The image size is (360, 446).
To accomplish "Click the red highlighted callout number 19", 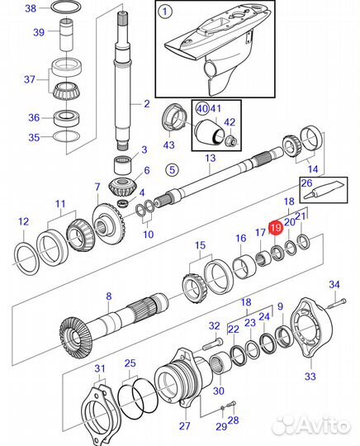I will pos(277,225).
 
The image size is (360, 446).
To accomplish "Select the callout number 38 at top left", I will pos(31,10).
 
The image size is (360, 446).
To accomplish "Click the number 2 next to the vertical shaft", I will pos(146,104).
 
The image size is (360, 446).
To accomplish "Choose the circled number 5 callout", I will pos(172,170).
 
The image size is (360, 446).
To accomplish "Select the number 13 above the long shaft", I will pos(210,158).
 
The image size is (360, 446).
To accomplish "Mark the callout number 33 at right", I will pos(310,376).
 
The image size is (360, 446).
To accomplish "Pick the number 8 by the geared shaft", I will pos(107,296).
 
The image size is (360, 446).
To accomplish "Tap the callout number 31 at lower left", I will pos(99,368).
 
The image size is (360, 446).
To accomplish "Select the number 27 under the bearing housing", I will pos(185,427).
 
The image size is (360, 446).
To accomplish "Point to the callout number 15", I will pos(199,245).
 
